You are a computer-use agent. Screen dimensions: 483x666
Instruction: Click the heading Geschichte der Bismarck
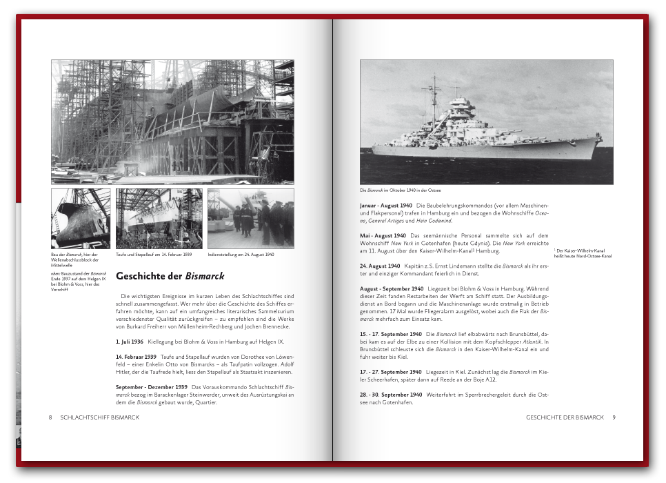170,276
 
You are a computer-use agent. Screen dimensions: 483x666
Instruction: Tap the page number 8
50,417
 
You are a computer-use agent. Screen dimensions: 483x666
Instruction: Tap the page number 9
614,417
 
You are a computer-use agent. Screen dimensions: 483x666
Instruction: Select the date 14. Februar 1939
136,357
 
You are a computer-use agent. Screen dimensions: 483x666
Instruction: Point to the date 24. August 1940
380,266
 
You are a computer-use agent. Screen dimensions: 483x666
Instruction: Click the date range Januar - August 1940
385,206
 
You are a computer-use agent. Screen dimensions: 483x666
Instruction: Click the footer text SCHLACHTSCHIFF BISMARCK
100,417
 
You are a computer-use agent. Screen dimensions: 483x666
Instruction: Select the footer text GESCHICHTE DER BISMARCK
565,417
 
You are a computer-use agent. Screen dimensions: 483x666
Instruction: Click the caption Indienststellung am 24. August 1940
241,255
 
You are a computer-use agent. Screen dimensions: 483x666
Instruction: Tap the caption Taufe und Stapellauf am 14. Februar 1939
154,255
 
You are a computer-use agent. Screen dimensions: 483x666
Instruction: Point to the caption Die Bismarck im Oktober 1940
400,190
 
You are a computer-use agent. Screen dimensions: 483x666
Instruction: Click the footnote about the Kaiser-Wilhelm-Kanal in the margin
583,253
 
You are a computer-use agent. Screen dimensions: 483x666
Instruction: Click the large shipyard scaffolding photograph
172,121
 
